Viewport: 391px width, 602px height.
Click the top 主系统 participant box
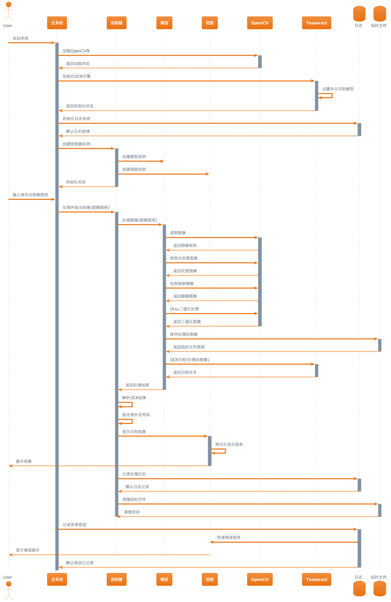point(57,23)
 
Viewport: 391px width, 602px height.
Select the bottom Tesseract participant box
point(316,579)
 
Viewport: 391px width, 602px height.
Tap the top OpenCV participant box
point(260,23)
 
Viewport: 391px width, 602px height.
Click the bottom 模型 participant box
point(164,579)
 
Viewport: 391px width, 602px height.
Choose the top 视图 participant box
point(210,23)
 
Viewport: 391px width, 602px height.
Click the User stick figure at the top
point(9,11)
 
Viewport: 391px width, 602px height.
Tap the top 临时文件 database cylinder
point(380,14)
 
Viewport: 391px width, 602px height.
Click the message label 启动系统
point(21,38)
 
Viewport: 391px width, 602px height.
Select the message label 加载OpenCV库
point(76,51)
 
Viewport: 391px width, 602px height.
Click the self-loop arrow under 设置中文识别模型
point(326,96)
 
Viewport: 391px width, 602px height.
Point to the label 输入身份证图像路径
point(30,195)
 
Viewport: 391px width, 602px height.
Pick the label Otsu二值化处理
point(184,309)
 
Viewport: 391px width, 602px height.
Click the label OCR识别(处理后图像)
point(189,360)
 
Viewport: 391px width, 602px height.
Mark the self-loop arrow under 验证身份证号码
point(126,421)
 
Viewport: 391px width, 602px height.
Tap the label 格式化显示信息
point(229,444)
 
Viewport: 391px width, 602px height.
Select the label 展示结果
point(24,462)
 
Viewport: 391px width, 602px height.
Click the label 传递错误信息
point(229,538)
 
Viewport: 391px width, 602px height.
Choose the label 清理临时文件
point(134,499)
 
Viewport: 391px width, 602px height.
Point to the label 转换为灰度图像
point(184,258)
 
